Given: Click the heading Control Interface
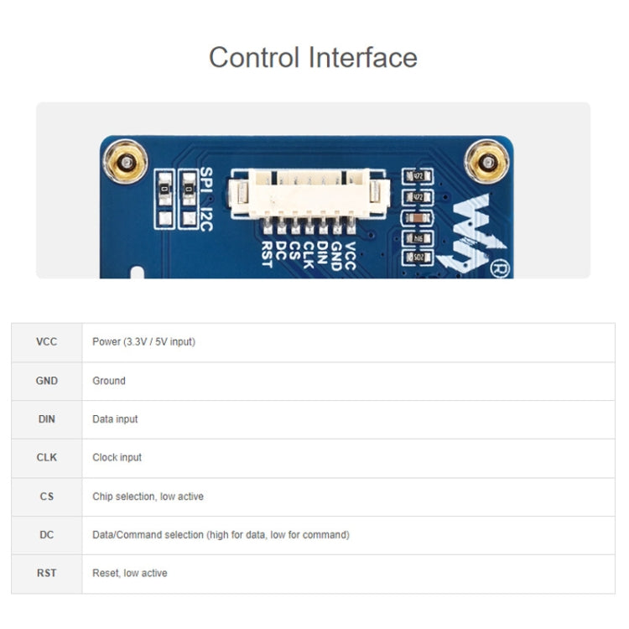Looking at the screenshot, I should tap(313, 58).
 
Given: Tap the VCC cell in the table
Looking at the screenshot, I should tap(47, 342).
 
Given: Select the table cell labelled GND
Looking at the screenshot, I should tap(47, 381).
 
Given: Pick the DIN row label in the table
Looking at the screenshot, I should tap(47, 419).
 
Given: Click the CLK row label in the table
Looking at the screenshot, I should tap(47, 458).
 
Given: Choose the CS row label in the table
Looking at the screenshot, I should tap(47, 496).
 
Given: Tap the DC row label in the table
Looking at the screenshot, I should tap(47, 535).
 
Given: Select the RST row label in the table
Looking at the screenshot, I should tap(47, 574).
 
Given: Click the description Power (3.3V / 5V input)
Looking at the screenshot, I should tap(143, 342).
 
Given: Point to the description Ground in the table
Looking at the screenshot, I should tap(109, 381).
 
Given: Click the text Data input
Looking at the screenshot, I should tap(115, 419).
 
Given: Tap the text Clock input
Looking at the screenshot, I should tap(117, 458).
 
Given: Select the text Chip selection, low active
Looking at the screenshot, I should tap(148, 496).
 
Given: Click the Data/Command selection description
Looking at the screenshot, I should tap(221, 535).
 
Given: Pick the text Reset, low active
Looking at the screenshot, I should tap(129, 574).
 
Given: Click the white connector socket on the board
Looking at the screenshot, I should tap(309, 198).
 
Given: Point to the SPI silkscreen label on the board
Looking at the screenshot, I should tap(207, 180).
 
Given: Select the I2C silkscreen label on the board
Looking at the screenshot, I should tap(207, 217).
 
